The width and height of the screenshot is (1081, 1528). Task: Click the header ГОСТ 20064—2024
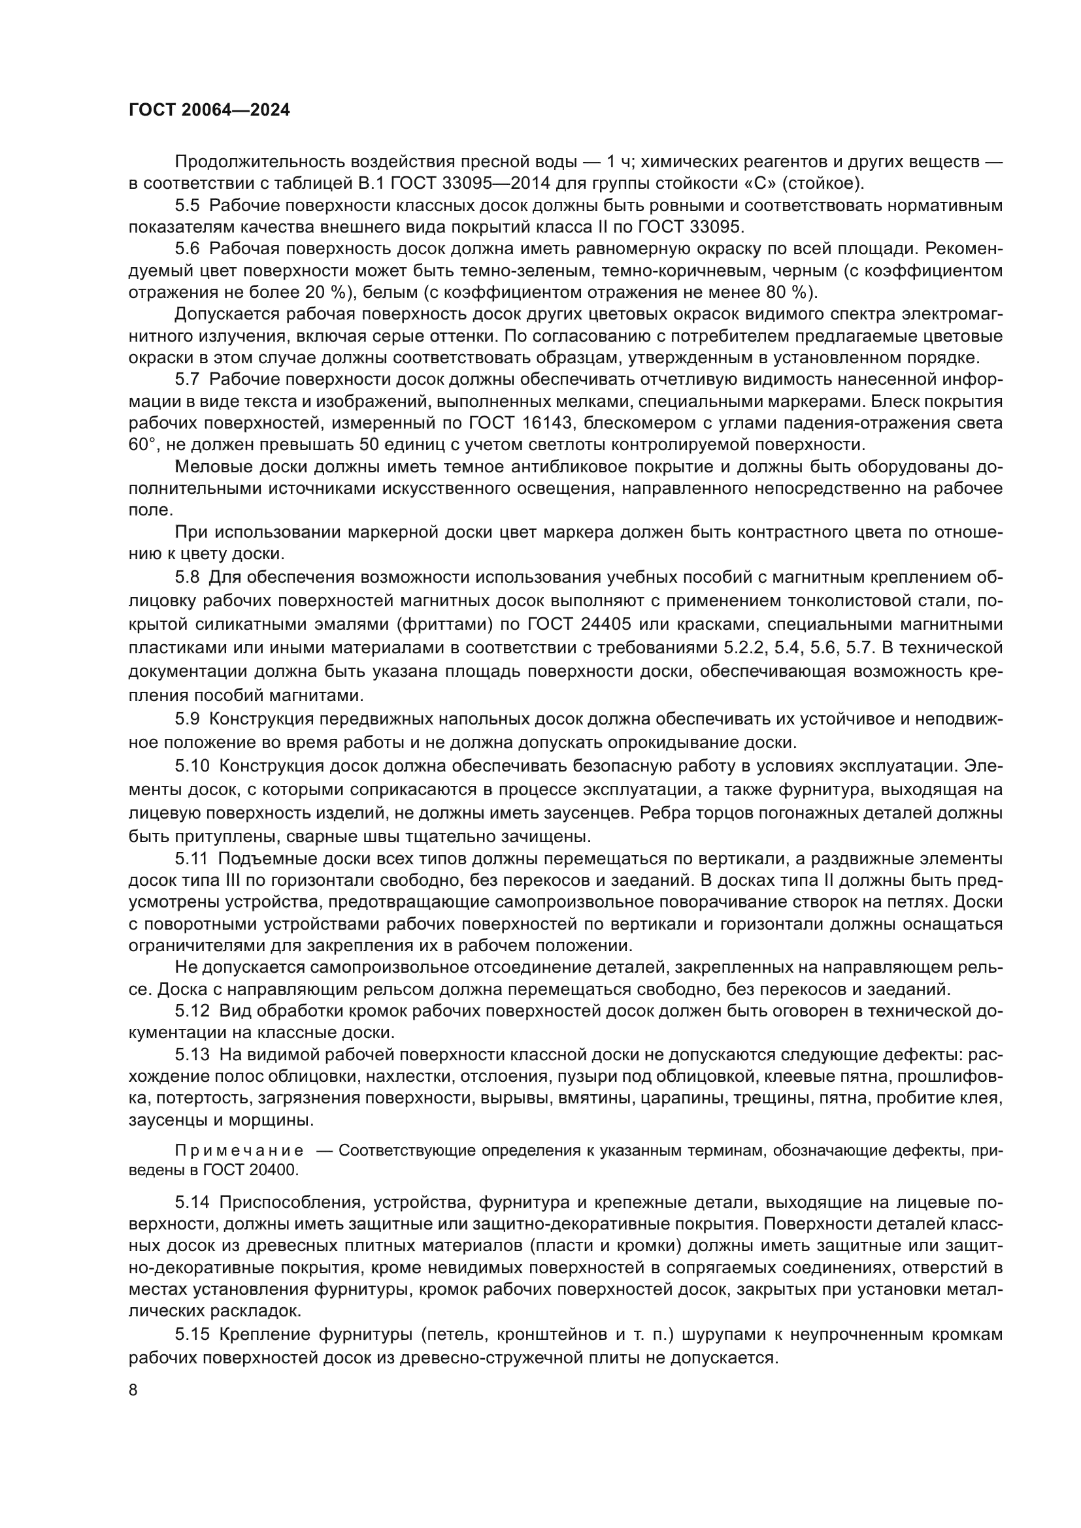click(209, 110)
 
